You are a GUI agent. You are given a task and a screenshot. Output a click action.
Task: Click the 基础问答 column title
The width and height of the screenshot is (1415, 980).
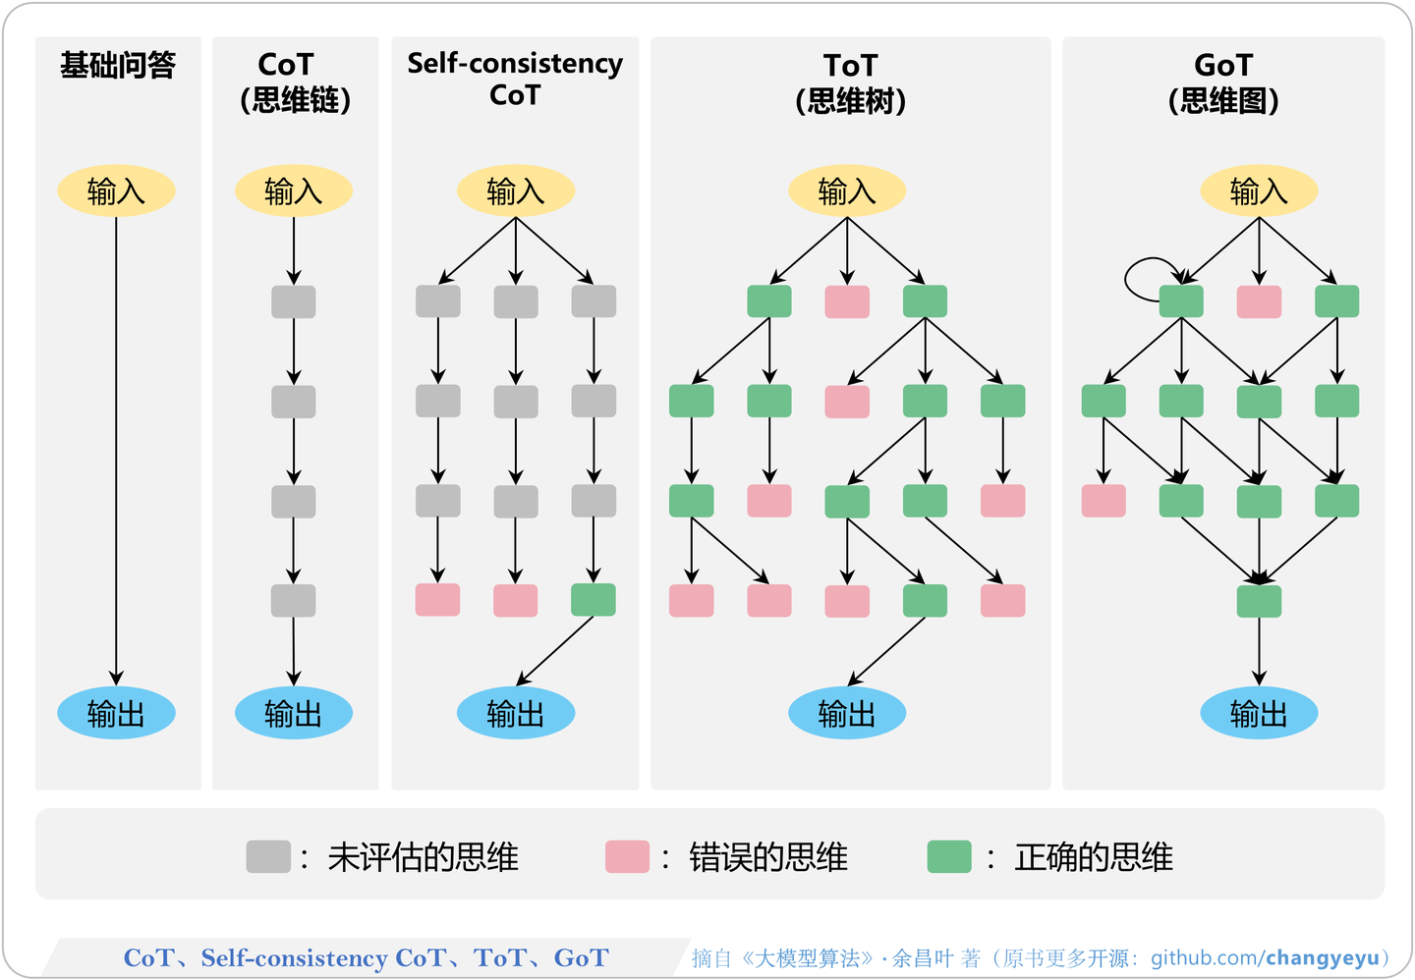118,66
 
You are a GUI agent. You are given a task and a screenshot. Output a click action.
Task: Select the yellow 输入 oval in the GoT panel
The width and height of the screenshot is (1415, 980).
1259,191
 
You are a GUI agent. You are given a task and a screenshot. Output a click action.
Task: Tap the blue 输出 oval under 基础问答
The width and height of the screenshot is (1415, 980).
116,713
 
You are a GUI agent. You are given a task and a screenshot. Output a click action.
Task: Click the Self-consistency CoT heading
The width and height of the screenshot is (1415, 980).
515,79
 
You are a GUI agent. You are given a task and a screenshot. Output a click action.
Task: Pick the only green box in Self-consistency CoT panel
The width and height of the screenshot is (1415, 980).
594,600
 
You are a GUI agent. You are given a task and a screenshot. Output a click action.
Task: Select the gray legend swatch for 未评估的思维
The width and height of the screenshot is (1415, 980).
268,856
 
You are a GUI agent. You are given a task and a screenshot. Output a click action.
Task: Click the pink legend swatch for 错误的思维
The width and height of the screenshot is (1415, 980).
627,856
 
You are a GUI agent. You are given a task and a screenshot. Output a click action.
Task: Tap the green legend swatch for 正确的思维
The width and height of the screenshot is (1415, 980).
949,856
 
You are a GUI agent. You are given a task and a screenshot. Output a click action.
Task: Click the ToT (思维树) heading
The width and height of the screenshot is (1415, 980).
850,82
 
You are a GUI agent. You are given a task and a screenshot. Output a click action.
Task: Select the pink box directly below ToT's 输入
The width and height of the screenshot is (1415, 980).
847,301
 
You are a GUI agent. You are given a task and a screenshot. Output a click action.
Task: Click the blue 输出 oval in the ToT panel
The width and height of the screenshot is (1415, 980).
847,713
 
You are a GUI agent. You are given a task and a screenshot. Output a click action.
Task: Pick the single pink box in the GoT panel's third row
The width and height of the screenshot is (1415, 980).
1104,501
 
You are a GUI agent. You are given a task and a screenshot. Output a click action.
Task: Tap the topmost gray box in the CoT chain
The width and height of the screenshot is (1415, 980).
294,301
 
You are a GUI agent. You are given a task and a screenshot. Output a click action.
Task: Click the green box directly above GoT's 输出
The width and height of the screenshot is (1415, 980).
1259,601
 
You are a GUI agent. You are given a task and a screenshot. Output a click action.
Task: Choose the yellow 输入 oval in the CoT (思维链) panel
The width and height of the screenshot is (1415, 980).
294,191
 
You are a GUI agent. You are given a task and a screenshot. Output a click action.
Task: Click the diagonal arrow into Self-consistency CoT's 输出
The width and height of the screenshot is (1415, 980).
556,649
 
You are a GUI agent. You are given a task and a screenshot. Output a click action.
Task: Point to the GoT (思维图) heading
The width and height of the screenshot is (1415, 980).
1223,82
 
